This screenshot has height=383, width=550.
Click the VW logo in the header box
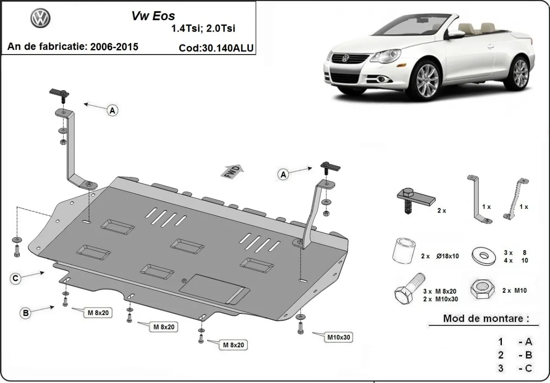(x=41, y=18)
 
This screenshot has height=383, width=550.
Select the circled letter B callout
(x=26, y=313)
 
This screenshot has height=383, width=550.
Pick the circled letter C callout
(x=15, y=279)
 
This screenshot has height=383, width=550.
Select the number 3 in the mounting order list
(x=501, y=368)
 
